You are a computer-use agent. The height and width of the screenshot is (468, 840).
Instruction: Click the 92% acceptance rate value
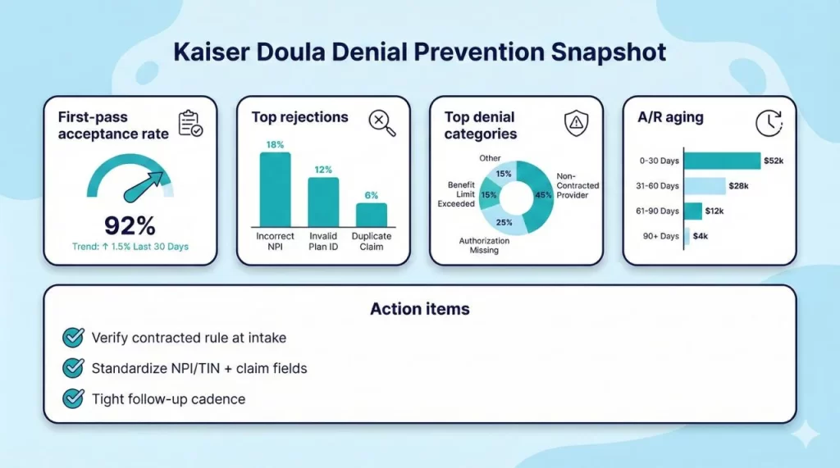coord(130,225)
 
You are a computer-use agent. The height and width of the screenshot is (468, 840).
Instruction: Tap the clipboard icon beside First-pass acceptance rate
coord(191,124)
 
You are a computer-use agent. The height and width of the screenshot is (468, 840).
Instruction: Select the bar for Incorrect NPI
coord(275,189)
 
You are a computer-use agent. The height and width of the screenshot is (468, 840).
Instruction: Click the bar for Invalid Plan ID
coord(323,202)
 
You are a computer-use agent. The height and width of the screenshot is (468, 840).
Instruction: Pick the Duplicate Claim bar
coord(371,215)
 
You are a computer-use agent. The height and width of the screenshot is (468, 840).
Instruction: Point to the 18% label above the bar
coord(275,145)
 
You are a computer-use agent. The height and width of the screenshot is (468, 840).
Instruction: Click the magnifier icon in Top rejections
coord(381,123)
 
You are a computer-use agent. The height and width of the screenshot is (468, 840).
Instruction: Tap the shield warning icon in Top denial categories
coord(577,124)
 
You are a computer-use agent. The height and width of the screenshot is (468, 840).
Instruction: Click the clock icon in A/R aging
coord(769,124)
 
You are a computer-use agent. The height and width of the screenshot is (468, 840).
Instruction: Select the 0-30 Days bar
coord(721,161)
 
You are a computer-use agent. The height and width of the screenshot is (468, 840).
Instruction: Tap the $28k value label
coord(738,186)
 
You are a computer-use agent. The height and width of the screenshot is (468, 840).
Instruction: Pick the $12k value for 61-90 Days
coord(714,211)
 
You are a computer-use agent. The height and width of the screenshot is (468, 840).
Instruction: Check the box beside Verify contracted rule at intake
coord(73,338)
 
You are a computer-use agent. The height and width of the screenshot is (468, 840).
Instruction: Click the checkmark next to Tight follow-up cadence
coord(73,399)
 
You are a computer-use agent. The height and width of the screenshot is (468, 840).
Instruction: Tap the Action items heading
coord(419,309)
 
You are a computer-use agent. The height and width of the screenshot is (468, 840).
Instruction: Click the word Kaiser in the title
coord(210,52)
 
